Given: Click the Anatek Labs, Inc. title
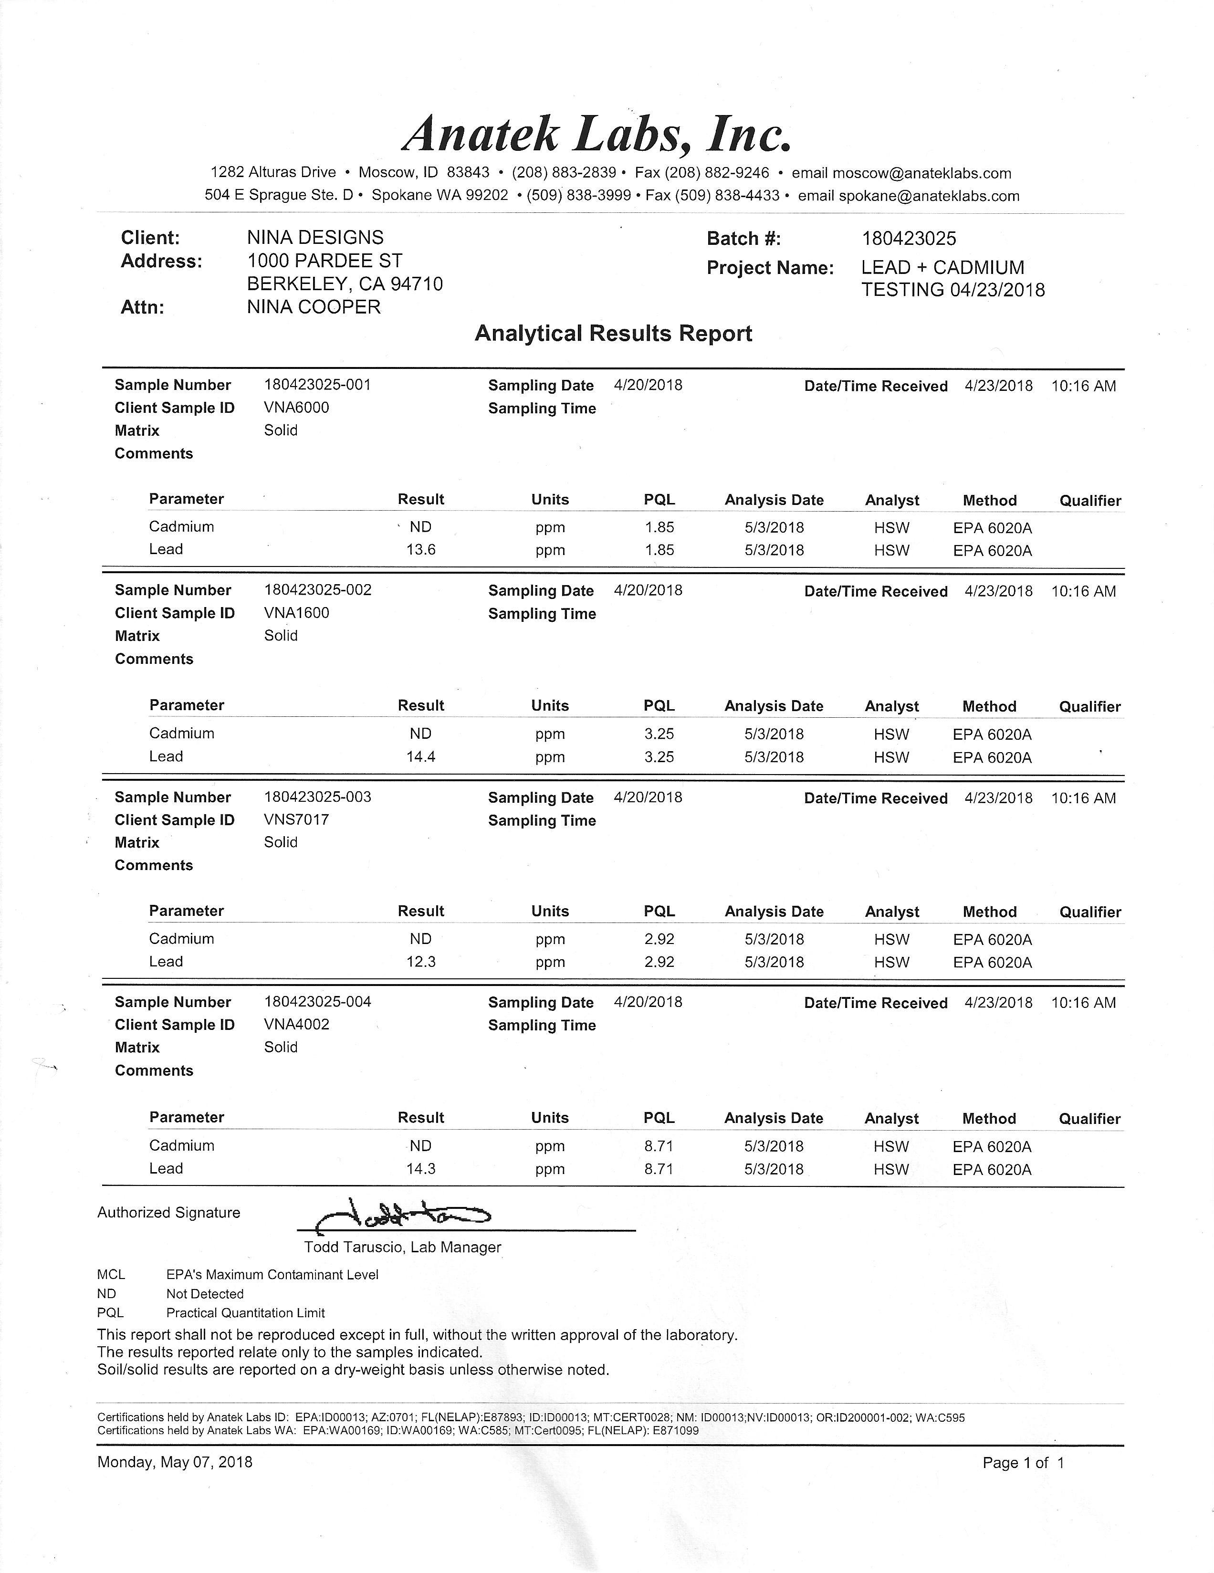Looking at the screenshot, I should point(597,134).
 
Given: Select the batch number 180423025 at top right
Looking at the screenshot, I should point(909,239).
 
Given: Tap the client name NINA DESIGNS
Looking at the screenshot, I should point(315,238).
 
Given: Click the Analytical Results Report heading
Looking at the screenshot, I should point(614,334).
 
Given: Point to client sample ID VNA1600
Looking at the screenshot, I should point(297,613).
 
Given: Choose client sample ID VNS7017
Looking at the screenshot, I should point(297,819).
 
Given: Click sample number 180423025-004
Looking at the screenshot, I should point(317,1002).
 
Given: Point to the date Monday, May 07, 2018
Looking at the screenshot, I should point(175,1462).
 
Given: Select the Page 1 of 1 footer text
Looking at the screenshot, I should point(1023,1463).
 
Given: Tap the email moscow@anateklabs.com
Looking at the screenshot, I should point(921,173).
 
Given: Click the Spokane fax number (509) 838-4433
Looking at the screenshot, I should point(727,196).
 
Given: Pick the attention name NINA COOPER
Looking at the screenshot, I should point(314,307).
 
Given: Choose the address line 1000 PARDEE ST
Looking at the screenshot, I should point(325,261).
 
